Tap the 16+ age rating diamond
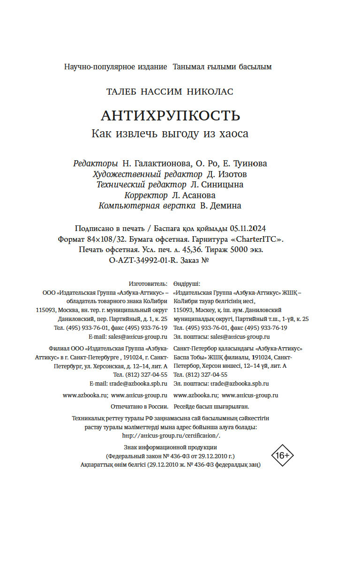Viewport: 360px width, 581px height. [x=283, y=455]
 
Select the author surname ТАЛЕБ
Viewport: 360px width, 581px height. [x=123, y=91]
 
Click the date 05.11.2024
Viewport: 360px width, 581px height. [x=248, y=229]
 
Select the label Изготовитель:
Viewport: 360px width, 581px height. [x=148, y=284]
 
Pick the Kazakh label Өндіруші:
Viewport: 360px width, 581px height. [x=187, y=284]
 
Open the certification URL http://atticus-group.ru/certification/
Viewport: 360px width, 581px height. [x=171, y=435]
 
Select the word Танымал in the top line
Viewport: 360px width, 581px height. [x=186, y=67]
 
